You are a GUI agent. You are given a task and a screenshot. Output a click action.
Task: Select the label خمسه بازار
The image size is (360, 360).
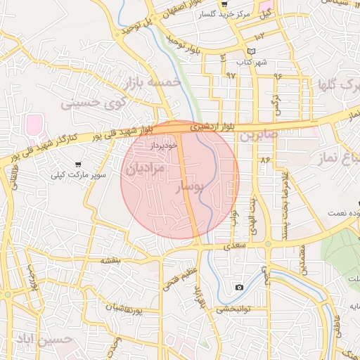pos(153,84)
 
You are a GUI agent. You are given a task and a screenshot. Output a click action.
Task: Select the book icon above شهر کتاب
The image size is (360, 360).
pos(252,52)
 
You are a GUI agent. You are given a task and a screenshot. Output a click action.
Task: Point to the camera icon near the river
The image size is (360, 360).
pos(240,287)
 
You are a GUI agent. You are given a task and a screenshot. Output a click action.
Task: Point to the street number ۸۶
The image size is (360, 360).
pos(265,160)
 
